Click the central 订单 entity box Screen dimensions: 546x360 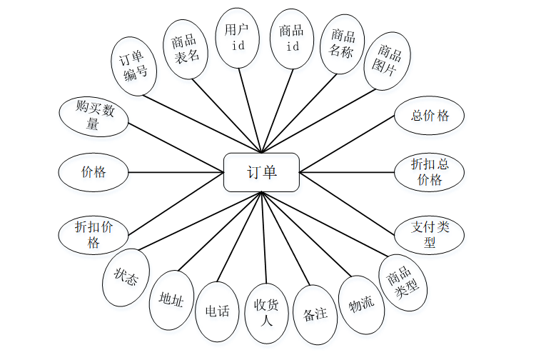tap(261, 172)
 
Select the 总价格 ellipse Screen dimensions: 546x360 tap(430, 116)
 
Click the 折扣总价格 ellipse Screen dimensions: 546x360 tap(430, 172)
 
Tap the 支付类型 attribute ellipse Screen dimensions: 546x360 tap(430, 234)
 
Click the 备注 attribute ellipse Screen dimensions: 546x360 tap(315, 314)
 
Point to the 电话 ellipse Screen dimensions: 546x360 tap(217, 311)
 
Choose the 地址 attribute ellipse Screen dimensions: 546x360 tap(171, 300)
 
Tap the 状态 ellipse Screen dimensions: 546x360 tap(126, 277)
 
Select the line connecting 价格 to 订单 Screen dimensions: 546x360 tap(176, 172)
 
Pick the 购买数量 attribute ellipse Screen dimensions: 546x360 tap(93, 116)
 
